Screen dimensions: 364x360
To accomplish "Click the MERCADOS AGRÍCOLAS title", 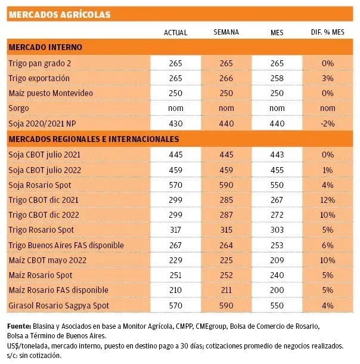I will pos(60,15).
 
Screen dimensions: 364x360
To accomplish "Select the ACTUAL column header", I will pos(175,32).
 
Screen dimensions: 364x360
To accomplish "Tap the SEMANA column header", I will pos(226,32).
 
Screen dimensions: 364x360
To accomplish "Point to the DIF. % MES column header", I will pos(326,32).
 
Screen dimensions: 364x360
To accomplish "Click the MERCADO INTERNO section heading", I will pos(45,47).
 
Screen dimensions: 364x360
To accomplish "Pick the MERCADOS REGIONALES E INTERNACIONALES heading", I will pos(94,139).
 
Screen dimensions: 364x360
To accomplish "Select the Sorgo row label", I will pos(19,108).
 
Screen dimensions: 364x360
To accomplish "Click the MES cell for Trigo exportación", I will pos(277,78).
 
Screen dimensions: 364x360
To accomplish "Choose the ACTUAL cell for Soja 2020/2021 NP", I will pos(175,124).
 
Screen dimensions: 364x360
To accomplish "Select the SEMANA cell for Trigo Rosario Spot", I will pos(226,230).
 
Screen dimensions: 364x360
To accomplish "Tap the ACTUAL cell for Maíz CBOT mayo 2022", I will pos(175,260).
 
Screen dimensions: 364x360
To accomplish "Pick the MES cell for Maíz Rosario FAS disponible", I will pos(277,291).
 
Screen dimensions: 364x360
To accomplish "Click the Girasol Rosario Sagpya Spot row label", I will pos(54,306).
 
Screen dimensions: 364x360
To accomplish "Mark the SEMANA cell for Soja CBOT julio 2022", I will pos(226,169).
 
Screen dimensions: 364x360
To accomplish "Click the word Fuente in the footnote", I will pos(20,326).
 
